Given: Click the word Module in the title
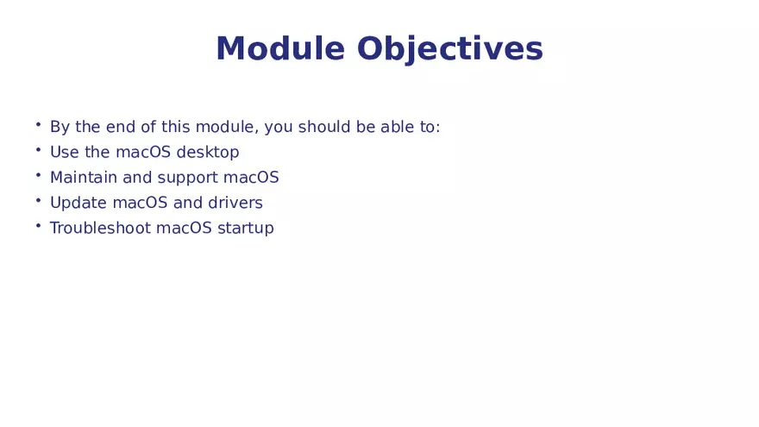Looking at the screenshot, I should coord(280,49).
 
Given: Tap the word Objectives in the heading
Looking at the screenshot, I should coord(449,49).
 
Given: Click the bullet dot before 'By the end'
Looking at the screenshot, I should coord(38,125).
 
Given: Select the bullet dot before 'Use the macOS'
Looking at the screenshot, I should coord(38,150).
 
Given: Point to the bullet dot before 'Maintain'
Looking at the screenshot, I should coord(38,175).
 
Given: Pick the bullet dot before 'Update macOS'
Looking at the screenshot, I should coord(38,201).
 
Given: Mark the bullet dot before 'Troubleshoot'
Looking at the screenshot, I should coord(38,226).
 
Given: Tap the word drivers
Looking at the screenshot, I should coord(235,204).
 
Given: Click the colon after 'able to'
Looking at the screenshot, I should coord(437,129).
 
